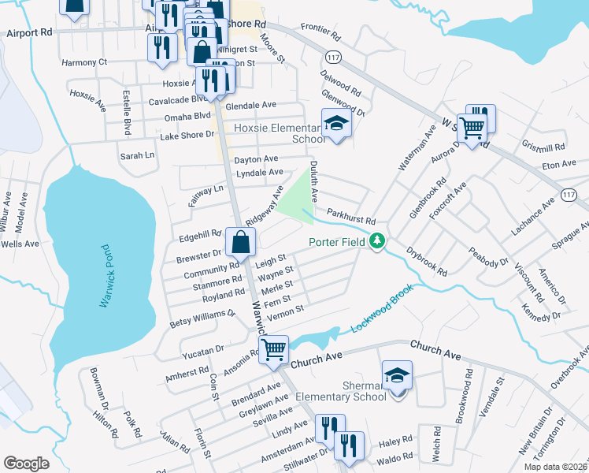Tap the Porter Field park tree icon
point(378,241)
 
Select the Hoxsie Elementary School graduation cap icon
point(336,123)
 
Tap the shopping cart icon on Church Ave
point(274,348)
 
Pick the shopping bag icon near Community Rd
point(239,242)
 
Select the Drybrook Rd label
point(427,262)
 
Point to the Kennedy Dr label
point(540,307)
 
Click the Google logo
point(26,464)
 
